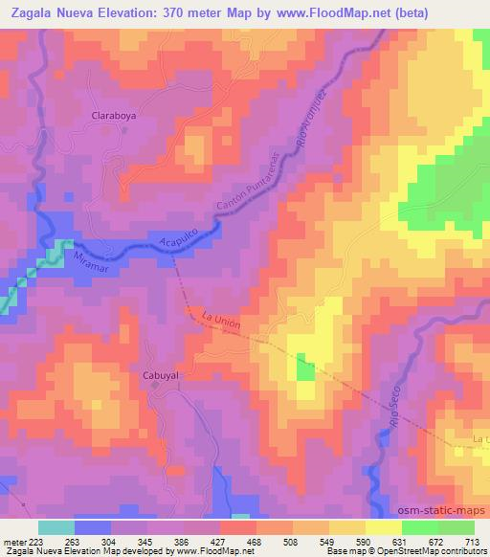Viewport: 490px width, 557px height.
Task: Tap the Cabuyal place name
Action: pos(161,375)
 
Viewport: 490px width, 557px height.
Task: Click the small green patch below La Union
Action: pos(304,368)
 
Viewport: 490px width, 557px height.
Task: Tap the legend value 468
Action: pos(255,539)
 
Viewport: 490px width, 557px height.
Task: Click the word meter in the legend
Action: pos(13,539)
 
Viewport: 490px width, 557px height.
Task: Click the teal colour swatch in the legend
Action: pos(56,526)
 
